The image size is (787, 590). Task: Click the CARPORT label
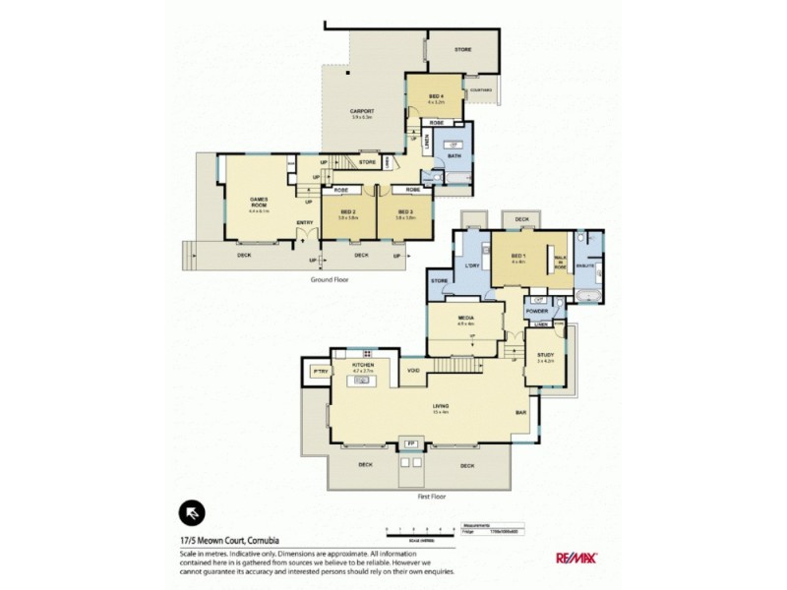tap(363, 111)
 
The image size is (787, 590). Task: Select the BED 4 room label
tap(437, 95)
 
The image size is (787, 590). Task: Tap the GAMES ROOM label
tap(259, 202)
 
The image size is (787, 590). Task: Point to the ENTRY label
tap(304, 222)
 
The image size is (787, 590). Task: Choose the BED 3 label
tap(404, 211)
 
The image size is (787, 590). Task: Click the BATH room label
tap(454, 156)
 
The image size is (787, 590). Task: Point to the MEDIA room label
tap(466, 319)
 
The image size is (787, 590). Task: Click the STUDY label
tap(545, 356)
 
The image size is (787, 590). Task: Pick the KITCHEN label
tap(363, 365)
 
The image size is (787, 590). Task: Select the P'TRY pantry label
tap(319, 372)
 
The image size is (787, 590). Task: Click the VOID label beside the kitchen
tap(414, 370)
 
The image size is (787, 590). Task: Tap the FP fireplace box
tap(410, 444)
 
